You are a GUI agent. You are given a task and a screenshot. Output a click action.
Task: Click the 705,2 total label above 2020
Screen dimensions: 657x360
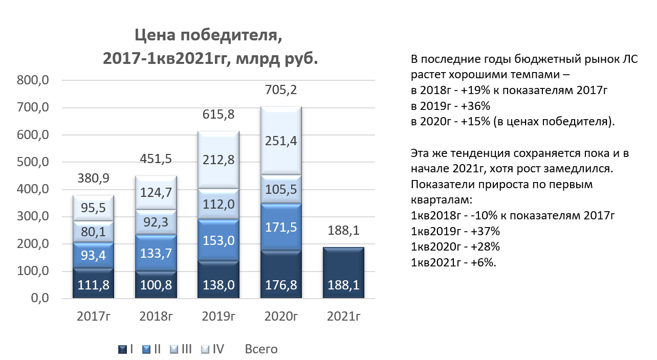(281, 89)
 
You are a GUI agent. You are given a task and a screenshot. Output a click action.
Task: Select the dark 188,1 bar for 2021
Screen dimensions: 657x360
(343, 273)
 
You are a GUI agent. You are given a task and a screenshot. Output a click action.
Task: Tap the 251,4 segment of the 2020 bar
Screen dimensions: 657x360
(281, 141)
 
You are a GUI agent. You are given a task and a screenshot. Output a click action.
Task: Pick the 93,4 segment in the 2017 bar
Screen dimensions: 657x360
(93, 255)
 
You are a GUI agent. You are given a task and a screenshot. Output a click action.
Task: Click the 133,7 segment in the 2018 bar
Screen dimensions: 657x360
(156, 253)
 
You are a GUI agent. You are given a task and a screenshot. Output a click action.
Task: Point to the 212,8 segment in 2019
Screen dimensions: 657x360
(218, 160)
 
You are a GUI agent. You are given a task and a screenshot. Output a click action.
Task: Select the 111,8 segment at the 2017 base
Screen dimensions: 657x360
(93, 283)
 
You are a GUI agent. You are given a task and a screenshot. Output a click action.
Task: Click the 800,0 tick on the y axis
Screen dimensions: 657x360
(33, 80)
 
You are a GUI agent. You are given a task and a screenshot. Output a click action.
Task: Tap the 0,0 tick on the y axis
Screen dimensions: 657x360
(40, 298)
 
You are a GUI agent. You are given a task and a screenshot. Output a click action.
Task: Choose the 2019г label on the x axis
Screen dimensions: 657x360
(218, 316)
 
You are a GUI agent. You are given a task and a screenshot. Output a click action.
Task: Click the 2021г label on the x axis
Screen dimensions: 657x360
(343, 316)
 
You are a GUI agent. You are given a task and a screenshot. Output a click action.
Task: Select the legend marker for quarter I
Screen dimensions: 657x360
(122, 349)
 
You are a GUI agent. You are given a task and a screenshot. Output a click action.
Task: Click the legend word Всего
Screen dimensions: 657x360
(261, 349)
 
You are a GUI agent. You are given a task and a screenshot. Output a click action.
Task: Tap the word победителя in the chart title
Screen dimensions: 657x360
(231, 35)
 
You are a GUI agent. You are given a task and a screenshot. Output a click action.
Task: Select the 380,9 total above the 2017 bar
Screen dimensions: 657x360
(93, 178)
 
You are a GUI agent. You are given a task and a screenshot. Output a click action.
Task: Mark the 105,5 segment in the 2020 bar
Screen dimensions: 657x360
(281, 189)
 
